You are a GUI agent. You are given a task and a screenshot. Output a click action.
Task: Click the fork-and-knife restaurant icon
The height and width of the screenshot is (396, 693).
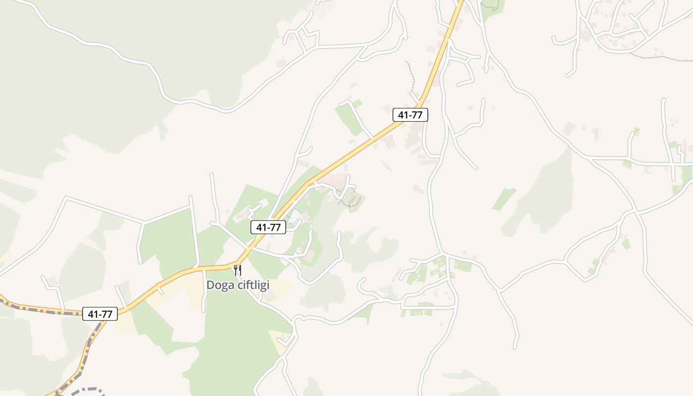238,270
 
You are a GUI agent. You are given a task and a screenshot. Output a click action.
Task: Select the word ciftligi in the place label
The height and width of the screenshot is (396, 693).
252,286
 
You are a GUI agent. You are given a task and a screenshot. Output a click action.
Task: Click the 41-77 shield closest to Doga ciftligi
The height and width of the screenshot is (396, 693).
268,227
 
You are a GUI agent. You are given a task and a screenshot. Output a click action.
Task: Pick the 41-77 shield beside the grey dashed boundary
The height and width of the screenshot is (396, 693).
100,314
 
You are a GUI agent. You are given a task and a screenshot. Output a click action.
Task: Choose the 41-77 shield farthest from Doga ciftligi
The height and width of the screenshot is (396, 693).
410,115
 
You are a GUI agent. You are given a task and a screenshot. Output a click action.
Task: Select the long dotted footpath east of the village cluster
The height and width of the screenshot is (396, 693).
658,57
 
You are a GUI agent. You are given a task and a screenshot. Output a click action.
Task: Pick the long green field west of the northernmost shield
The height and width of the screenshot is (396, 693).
349,119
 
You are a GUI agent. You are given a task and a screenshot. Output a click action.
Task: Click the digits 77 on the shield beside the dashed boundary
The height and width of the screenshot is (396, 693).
107,314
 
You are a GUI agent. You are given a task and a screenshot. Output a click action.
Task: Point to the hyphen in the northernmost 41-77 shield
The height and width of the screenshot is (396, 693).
410,115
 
